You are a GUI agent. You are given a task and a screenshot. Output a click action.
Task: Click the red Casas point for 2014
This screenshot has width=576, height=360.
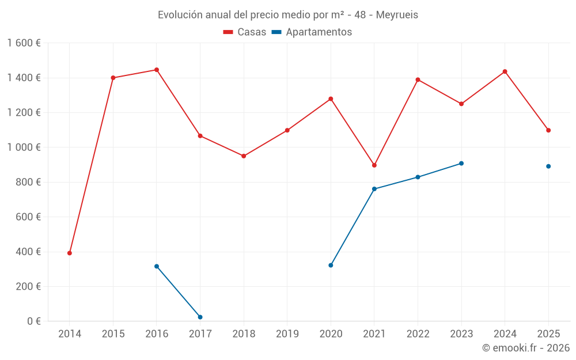click(70, 253)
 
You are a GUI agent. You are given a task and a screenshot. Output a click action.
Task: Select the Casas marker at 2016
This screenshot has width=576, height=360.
click(157, 70)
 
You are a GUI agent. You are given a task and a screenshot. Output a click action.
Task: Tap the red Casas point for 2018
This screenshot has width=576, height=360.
click(244, 156)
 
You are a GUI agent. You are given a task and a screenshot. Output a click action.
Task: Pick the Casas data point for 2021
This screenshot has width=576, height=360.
click(374, 165)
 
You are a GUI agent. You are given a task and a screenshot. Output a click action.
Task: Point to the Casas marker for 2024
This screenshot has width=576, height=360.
click(505, 71)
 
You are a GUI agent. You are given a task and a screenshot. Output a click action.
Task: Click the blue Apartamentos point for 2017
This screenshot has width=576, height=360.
click(200, 317)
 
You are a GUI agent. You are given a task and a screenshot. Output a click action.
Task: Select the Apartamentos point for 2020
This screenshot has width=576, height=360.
click(331, 266)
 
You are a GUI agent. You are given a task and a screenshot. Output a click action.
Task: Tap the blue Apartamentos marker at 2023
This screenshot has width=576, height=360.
click(461, 164)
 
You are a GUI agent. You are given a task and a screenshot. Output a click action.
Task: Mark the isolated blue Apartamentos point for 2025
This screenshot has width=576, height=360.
click(548, 166)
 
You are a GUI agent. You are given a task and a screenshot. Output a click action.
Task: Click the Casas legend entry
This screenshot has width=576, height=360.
click(245, 32)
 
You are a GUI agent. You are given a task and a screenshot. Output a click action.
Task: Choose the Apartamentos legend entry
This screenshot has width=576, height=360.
click(312, 32)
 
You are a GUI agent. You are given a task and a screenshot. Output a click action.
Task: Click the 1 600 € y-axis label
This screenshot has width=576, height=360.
click(24, 43)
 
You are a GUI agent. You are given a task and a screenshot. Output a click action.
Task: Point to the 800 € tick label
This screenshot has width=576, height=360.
click(27, 182)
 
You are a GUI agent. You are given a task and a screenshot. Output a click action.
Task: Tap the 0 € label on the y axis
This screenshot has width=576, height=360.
click(32, 321)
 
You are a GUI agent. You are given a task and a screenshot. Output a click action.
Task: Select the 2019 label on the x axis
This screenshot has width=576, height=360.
click(287, 334)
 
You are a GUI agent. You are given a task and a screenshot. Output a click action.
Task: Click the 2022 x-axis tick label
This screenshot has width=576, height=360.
click(418, 334)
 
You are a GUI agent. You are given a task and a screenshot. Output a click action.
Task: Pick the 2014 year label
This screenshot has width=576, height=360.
click(70, 334)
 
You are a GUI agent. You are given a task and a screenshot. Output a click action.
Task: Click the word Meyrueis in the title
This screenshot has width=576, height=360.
click(397, 15)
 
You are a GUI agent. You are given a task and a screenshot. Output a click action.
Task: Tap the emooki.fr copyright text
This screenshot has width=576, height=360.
click(525, 348)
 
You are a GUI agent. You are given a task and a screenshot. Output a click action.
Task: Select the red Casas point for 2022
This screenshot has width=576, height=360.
click(418, 79)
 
